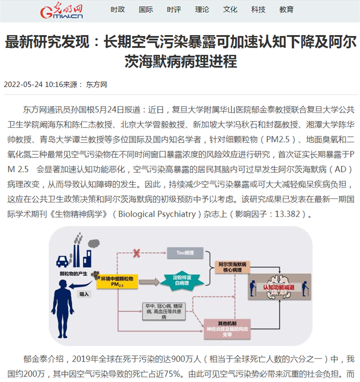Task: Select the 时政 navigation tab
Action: click(118, 9)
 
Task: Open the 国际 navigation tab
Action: click(146, 9)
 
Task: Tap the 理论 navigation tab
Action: click(202, 9)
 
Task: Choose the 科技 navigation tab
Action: click(258, 9)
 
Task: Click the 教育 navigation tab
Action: click(286, 9)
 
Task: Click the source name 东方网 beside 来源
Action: click(97, 84)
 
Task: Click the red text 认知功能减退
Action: click(277, 287)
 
